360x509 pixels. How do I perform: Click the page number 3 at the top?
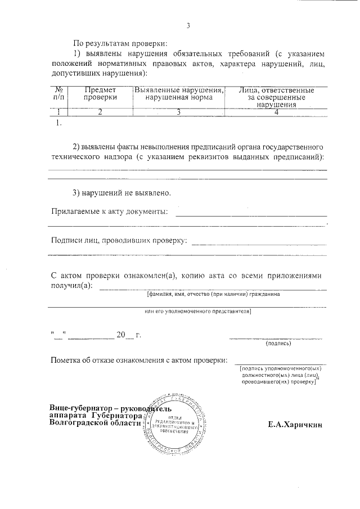[x=188, y=26]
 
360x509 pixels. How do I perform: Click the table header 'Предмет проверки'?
[x=100, y=94]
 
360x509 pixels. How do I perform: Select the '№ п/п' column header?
[x=58, y=94]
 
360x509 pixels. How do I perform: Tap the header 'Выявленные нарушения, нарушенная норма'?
[x=178, y=94]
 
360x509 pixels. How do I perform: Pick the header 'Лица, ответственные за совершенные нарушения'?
[x=276, y=97]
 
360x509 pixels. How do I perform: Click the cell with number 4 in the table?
[x=276, y=112]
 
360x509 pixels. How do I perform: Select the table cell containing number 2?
[x=100, y=112]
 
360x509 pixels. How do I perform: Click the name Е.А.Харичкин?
[x=295, y=425]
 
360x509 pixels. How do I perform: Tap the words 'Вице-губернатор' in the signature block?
[x=79, y=407]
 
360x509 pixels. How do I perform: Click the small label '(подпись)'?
[x=277, y=343]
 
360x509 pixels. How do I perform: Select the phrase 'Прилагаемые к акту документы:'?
[x=109, y=211]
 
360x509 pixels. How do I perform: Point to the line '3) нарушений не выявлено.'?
[x=121, y=193]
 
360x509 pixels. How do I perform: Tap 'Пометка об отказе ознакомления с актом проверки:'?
[x=139, y=360]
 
